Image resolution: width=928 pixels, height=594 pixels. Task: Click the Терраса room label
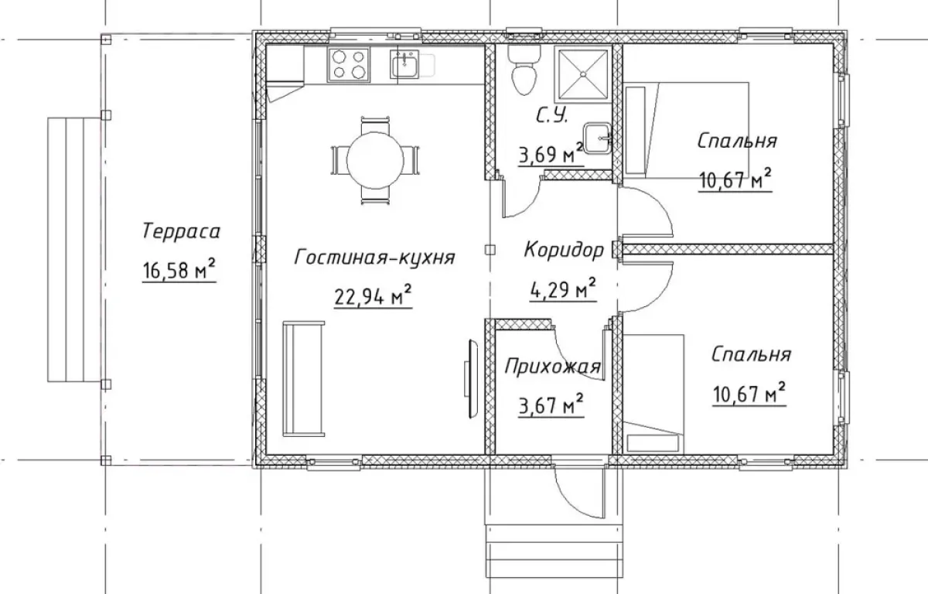(x=181, y=231)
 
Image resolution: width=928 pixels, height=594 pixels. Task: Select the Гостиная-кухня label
(x=374, y=257)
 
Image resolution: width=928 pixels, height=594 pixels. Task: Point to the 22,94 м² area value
(x=373, y=295)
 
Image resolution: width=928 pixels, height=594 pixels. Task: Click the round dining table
(x=375, y=161)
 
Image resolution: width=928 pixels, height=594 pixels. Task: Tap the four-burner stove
(x=349, y=65)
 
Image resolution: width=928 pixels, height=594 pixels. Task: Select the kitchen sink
(x=404, y=66)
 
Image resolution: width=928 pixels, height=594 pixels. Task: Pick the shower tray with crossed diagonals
(x=583, y=74)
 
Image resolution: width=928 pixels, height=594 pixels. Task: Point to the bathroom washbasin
(x=597, y=138)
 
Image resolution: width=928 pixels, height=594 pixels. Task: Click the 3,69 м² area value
(x=551, y=154)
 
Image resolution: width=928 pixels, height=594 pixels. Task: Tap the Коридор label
(x=564, y=250)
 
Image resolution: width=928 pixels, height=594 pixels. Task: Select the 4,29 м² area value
(x=563, y=289)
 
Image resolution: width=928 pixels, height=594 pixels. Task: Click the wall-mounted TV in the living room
(x=472, y=379)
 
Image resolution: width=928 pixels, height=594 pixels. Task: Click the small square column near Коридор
(x=490, y=249)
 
